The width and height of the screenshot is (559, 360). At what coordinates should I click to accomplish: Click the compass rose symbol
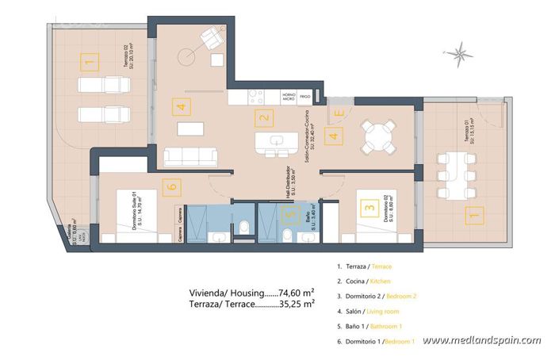pyautogui.click(x=458, y=53)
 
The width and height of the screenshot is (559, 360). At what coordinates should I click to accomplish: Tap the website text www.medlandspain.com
pyautogui.click(x=481, y=341)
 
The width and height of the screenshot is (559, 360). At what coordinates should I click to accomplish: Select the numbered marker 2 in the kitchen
pyautogui.click(x=262, y=120)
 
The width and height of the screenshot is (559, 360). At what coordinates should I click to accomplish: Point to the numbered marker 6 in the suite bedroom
pyautogui.click(x=170, y=187)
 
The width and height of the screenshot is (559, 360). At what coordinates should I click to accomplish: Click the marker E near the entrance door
pyautogui.click(x=339, y=113)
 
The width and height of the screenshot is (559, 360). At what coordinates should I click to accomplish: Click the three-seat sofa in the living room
pyautogui.click(x=190, y=155)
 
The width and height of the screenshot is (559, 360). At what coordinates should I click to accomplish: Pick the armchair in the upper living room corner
pyautogui.click(x=212, y=36)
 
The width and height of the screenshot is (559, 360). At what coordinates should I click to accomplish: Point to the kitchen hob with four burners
pyautogui.click(x=256, y=97)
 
